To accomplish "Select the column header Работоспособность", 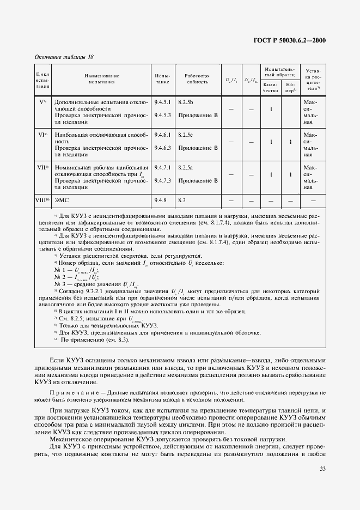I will [193, 78].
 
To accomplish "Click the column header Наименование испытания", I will [102, 78].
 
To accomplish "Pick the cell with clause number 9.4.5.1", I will [162, 102].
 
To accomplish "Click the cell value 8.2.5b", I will [186, 102].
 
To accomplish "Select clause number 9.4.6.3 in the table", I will [162, 147].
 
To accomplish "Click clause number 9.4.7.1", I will [162, 166].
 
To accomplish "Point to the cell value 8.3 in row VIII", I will [182, 201].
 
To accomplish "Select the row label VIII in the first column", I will [43, 201].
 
